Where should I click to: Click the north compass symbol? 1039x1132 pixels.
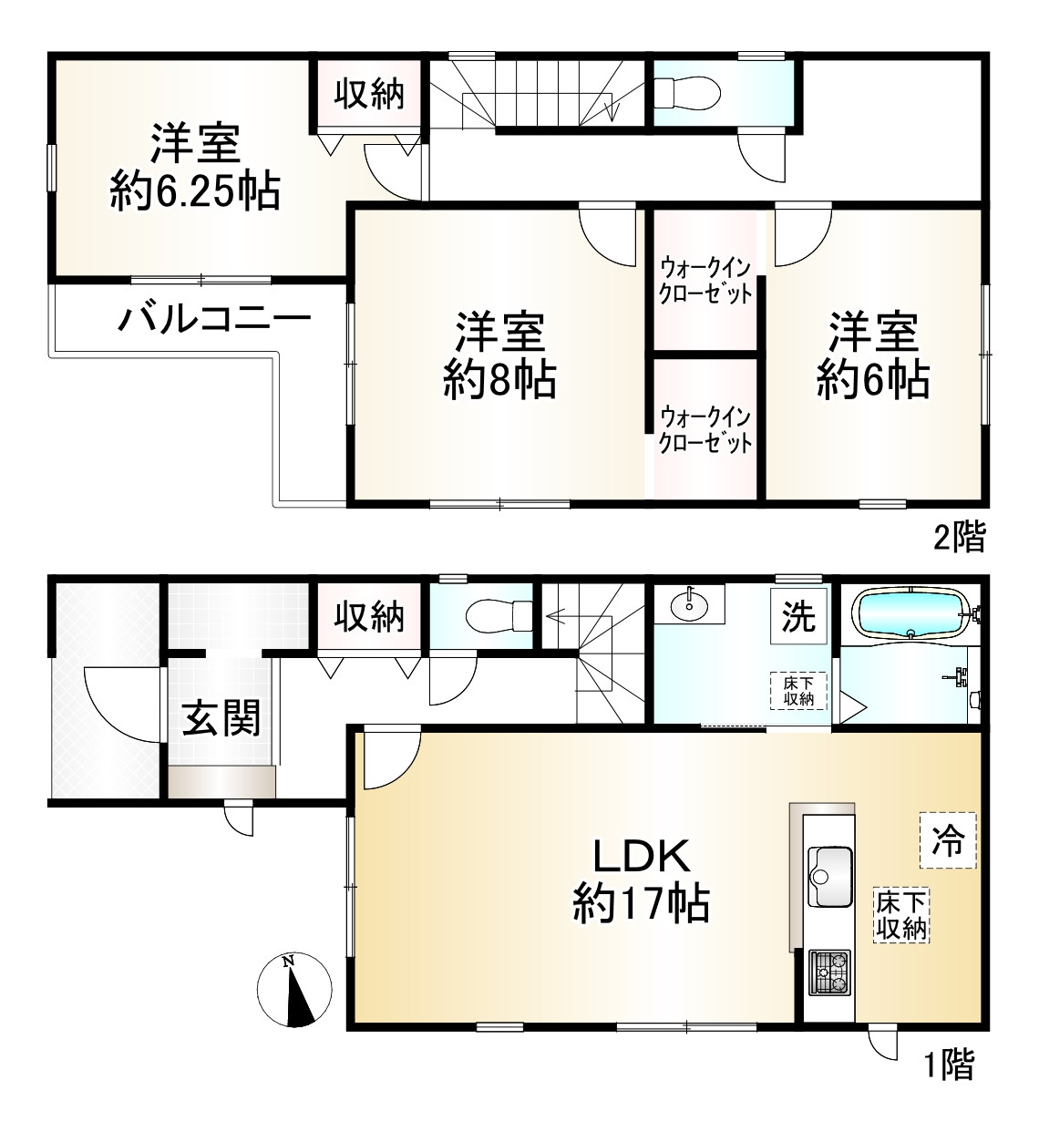click(x=294, y=991)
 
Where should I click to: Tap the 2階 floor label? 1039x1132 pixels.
click(x=959, y=538)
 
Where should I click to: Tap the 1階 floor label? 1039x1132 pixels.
click(x=950, y=1064)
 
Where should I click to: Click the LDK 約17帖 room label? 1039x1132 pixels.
click(x=641, y=880)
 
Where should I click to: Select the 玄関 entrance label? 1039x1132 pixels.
click(x=221, y=717)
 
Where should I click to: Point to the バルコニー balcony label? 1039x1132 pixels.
click(x=214, y=320)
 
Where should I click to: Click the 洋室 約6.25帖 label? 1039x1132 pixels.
click(x=195, y=168)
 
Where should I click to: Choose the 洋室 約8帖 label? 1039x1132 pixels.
click(x=499, y=355)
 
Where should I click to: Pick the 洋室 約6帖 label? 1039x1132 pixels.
click(x=872, y=355)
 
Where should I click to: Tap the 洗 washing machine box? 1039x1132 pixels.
click(x=799, y=617)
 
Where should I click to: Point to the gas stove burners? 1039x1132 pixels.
click(x=829, y=972)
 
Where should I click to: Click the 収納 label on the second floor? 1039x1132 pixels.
click(x=368, y=93)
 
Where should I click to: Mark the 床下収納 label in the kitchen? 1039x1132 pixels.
click(x=901, y=916)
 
